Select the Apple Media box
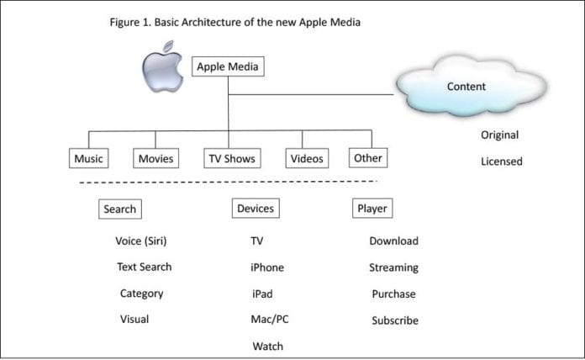pyautogui.click(x=228, y=67)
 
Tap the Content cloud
pyautogui.click(x=466, y=87)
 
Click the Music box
pyautogui.click(x=89, y=158)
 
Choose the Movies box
pyautogui.click(x=155, y=158)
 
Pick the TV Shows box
pyautogui.click(x=231, y=158)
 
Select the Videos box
pyautogui.click(x=307, y=158)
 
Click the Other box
pyautogui.click(x=367, y=157)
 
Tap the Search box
pyautogui.click(x=119, y=209)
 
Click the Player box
pyautogui.click(x=372, y=208)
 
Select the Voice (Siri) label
pyautogui.click(x=141, y=241)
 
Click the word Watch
pyautogui.click(x=267, y=346)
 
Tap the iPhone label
pyautogui.click(x=267, y=267)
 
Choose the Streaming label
pyautogui.click(x=393, y=267)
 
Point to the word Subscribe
pyautogui.click(x=394, y=320)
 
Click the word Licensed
pyautogui.click(x=501, y=161)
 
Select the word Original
pyautogui.click(x=499, y=135)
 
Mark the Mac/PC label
pyautogui.click(x=270, y=320)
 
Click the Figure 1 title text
pyautogui.click(x=235, y=22)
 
